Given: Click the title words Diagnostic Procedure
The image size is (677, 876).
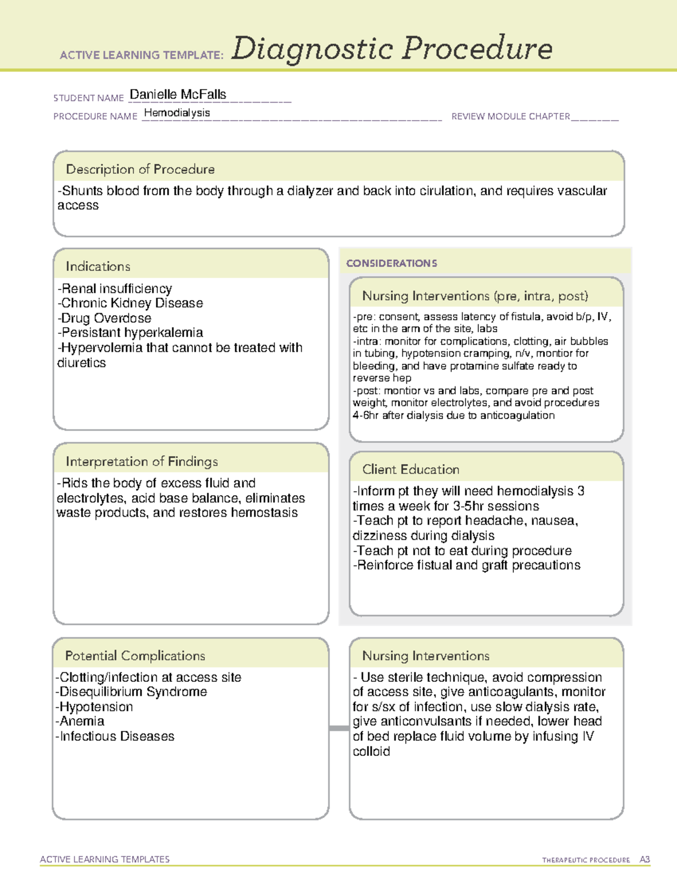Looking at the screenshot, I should pos(392,49).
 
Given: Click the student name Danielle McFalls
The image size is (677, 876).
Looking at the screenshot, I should pos(178,95).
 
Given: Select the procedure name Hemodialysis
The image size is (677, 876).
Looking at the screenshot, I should pos(177,113).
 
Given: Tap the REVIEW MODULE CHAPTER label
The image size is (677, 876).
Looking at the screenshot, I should pos(511,117).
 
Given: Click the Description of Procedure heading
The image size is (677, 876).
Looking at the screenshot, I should pos(140,169).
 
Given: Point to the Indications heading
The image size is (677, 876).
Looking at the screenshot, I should pos(98,266).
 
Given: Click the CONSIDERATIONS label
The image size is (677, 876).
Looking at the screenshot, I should pos(392,263).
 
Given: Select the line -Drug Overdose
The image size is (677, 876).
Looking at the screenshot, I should pos(104,318).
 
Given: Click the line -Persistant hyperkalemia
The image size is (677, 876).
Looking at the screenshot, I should pos(130,333).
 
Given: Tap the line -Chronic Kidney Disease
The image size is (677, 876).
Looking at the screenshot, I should pos(130,303).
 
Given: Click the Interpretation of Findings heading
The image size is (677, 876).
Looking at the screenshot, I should pos(142,461).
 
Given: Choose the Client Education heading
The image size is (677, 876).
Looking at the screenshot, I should pos(411,469).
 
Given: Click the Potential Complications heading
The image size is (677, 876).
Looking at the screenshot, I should pos(135,655).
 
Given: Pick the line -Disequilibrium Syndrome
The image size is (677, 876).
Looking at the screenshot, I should pos(131,692).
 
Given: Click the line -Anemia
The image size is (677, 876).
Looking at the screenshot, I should pos(80,721).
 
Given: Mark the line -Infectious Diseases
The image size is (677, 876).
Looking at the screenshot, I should pos(115,736).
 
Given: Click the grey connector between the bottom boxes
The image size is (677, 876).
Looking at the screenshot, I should pos(339,728).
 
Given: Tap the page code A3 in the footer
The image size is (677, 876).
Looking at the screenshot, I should pos(644,860).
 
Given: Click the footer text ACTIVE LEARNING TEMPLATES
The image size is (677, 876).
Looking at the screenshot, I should pos(104,859).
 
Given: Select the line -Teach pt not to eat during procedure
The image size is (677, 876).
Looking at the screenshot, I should pos(462,551).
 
